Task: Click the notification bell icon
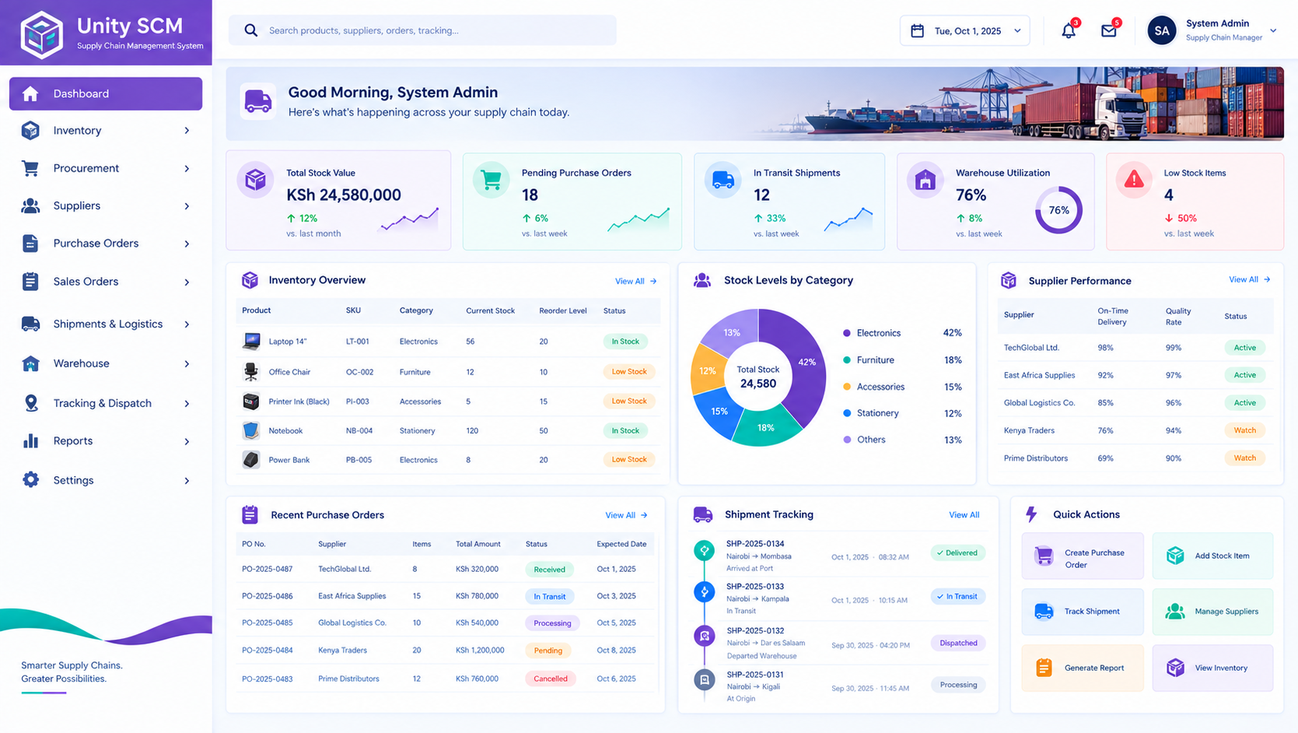coord(1069,30)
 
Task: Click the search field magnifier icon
coord(250,30)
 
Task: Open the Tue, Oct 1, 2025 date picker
coord(965,30)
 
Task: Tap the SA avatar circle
coord(1161,30)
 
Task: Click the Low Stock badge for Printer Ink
coord(628,402)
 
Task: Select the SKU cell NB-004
coord(359,431)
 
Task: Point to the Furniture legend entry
coord(875,360)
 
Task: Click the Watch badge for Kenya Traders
coord(1244,430)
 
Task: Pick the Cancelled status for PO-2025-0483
coord(550,679)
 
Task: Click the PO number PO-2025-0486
coord(267,596)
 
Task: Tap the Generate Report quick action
coord(1083,668)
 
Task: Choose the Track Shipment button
coord(1083,612)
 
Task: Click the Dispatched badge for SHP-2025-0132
coord(958,643)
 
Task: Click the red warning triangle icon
coord(1134,180)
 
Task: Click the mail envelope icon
coord(1108,30)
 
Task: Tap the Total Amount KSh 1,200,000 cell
coord(480,651)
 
